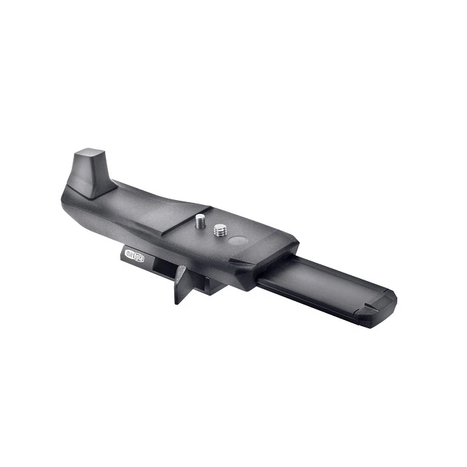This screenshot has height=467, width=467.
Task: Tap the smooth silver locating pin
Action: pos(200,222)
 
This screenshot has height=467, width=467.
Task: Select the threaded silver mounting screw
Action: pos(221,230)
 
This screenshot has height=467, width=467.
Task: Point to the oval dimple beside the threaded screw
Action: pos(238,242)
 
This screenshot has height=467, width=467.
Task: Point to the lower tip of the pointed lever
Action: pos(177,301)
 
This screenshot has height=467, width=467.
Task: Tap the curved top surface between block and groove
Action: pos(139,202)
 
